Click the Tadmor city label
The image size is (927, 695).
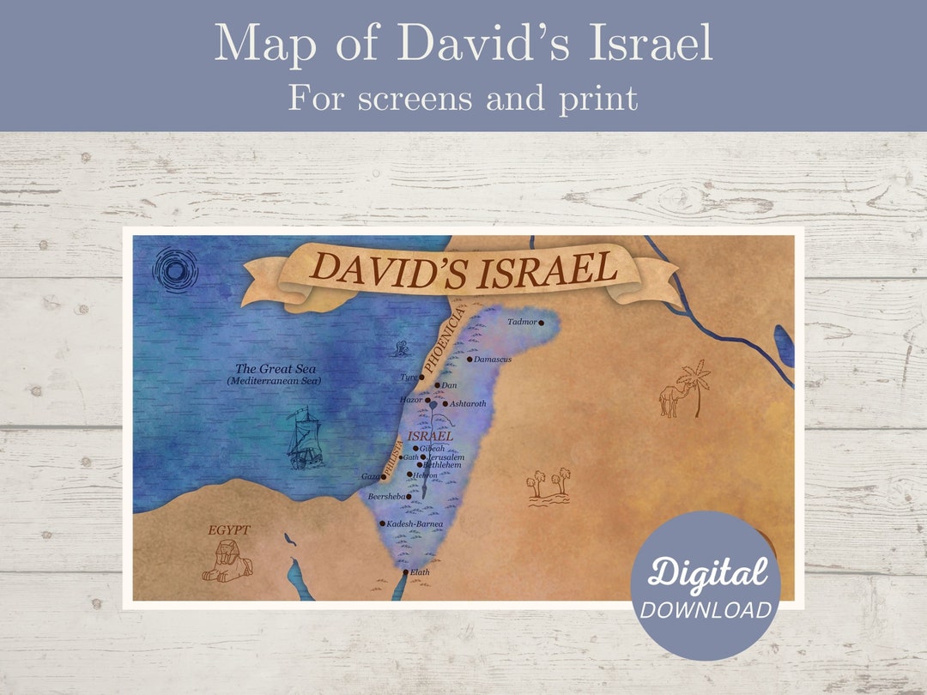pos(521,323)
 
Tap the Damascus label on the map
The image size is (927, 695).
pos(493,360)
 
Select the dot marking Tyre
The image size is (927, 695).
pos(421,378)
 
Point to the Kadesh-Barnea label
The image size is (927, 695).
pos(415,523)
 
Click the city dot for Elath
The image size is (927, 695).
pos(406,572)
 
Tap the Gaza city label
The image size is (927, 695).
pos(371,476)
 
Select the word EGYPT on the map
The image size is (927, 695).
pos(228,530)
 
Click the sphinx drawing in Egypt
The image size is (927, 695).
pos(227,565)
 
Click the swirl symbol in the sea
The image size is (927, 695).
pos(175,271)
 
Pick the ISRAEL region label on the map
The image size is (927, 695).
pos(431,436)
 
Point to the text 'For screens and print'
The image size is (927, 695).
pos(463,99)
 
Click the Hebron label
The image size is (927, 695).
pos(425,475)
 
